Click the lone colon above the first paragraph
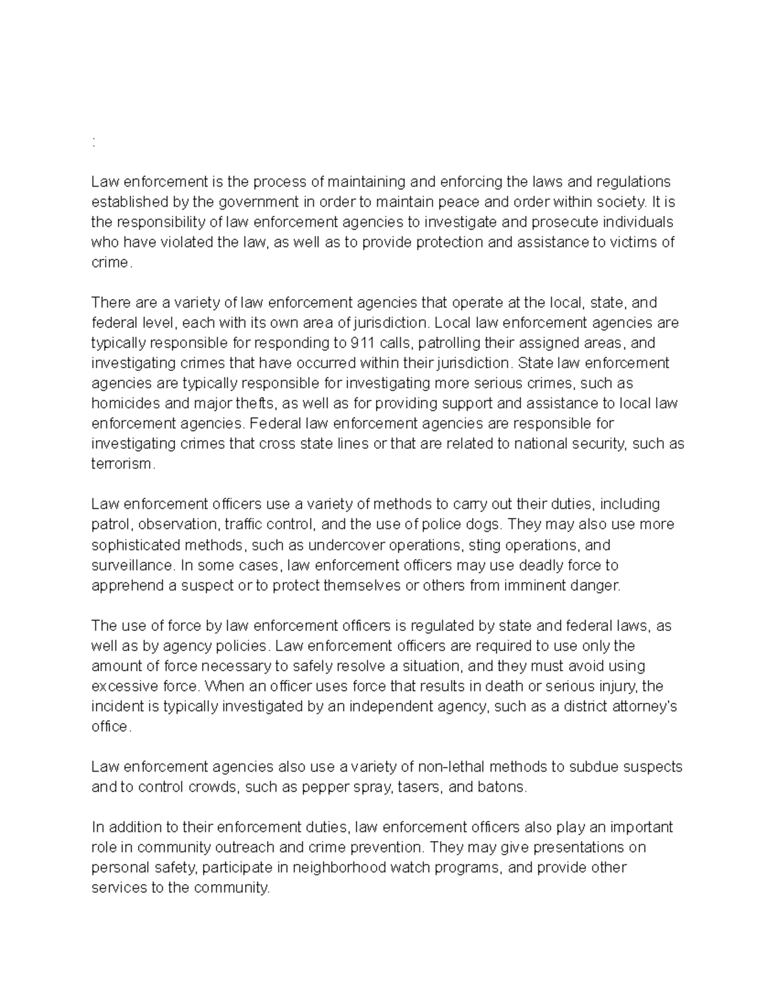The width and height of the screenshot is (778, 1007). click(x=94, y=143)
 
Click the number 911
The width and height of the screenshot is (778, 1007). click(x=361, y=342)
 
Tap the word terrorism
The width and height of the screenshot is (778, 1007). click(x=123, y=464)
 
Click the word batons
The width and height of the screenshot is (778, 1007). click(x=505, y=787)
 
